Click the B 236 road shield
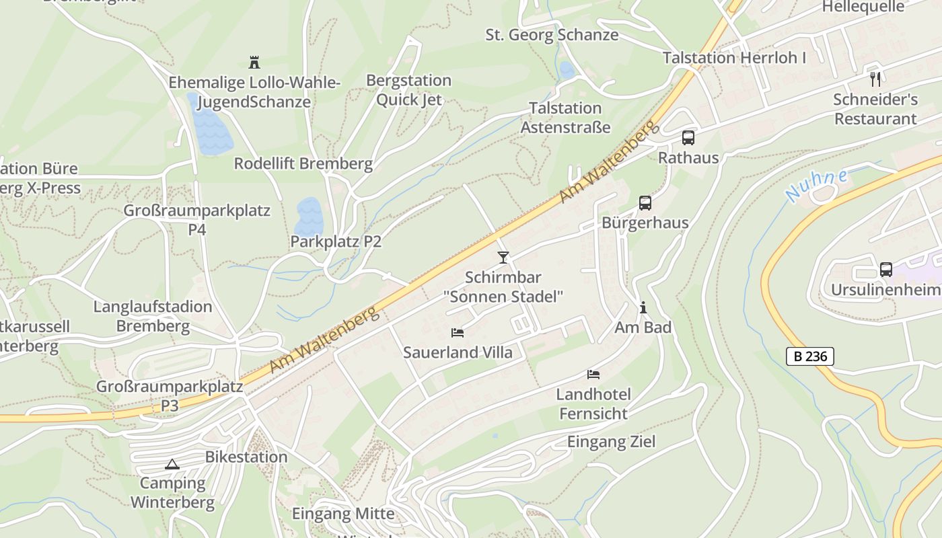click(x=810, y=356)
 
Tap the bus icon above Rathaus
click(x=688, y=138)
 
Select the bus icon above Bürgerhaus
click(x=645, y=202)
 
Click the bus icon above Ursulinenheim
click(x=886, y=270)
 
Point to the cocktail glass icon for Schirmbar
click(x=503, y=257)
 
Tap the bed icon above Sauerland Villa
click(x=458, y=333)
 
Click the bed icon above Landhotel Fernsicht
click(x=593, y=375)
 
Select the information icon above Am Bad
click(x=643, y=307)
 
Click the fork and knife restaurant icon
click(x=875, y=79)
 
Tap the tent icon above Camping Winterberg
click(x=172, y=464)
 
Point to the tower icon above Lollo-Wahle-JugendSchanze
click(x=254, y=63)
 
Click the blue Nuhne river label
click(x=816, y=185)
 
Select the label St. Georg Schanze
click(x=552, y=35)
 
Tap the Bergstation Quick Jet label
click(x=408, y=90)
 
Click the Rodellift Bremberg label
click(x=303, y=163)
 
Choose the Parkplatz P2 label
click(x=336, y=241)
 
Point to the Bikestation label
click(x=246, y=457)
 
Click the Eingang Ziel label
click(x=611, y=442)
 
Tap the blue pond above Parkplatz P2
click(x=308, y=214)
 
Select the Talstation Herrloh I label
click(x=734, y=58)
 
